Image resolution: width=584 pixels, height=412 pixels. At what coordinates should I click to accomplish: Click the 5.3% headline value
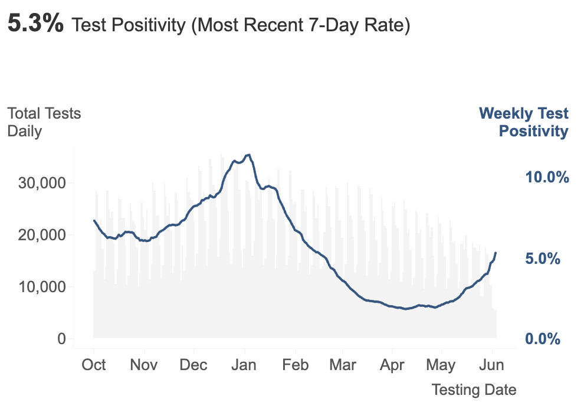coord(35,24)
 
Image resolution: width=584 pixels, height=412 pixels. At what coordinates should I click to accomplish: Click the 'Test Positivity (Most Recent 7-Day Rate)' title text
coord(240,25)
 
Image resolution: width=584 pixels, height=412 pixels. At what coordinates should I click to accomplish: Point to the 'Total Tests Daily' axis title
coord(44,122)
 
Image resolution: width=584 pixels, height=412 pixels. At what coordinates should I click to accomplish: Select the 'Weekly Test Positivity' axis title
coord(524,122)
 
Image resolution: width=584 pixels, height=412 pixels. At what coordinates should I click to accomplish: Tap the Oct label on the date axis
coord(94,365)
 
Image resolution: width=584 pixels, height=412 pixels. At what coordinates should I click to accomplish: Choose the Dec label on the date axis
coord(193,365)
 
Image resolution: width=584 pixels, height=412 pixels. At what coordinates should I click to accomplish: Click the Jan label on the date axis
coord(244,365)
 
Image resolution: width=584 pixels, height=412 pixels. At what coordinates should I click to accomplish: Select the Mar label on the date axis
coord(343,365)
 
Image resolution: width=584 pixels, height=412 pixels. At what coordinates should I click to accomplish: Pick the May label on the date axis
coord(441,365)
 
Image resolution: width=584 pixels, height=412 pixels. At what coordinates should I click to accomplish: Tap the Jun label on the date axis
coord(491,365)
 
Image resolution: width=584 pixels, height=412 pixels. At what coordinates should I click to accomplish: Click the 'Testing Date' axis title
coord(474,390)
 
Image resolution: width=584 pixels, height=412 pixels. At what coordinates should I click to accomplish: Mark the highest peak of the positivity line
coord(249,155)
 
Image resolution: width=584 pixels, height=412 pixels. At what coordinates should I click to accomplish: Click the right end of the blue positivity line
coord(496,253)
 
